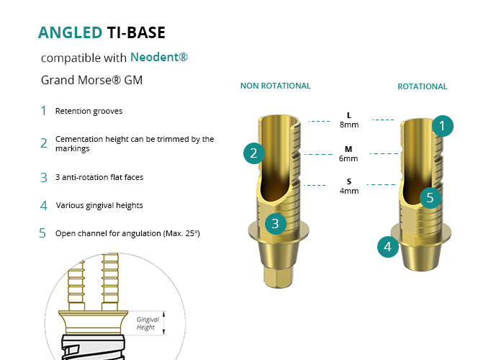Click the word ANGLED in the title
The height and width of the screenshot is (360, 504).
click(x=70, y=32)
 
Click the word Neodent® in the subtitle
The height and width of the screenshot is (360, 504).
click(x=159, y=57)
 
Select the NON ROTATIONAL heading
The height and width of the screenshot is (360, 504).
click(x=275, y=86)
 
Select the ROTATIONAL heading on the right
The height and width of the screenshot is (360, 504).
click(x=422, y=86)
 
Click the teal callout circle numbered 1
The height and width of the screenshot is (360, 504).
click(x=443, y=126)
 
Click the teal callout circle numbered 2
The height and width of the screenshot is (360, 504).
click(x=253, y=153)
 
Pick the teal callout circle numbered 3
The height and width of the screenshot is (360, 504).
click(x=275, y=223)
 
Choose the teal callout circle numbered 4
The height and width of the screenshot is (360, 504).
click(x=388, y=248)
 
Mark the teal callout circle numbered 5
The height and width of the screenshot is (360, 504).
click(x=430, y=197)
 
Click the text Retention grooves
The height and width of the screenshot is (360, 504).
click(x=89, y=111)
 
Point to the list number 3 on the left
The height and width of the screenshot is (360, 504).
click(x=44, y=176)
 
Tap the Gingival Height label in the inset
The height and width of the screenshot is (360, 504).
click(x=148, y=323)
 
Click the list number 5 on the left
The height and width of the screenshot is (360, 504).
click(x=43, y=233)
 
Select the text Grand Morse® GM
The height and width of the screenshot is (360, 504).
click(x=91, y=81)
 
